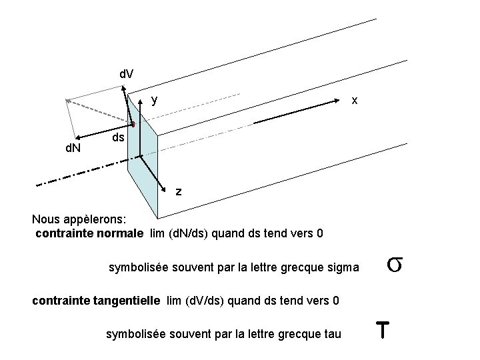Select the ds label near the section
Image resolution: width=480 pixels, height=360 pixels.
[x=117, y=137]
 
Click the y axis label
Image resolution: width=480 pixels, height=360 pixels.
[x=155, y=100]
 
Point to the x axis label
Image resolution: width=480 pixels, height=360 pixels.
[x=355, y=100]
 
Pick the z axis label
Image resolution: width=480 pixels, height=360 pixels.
[x=178, y=191]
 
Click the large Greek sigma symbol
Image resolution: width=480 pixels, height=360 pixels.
[x=393, y=265]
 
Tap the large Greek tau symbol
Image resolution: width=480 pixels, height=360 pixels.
[x=382, y=330]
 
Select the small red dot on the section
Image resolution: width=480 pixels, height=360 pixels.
[x=133, y=124]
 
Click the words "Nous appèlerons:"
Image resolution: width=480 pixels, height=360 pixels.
[x=74, y=219]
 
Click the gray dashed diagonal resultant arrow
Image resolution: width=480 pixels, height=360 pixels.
[x=100, y=112]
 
